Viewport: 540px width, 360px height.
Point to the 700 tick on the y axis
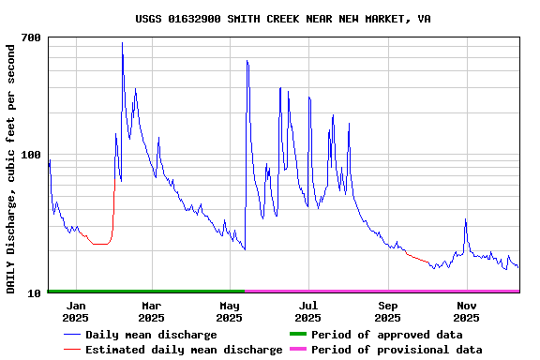click(31, 37)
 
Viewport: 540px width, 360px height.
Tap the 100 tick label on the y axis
click(31, 155)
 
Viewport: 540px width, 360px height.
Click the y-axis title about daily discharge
click(11, 167)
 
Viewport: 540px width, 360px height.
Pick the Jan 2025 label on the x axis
click(76, 312)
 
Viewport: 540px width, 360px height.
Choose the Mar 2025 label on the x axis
click(152, 312)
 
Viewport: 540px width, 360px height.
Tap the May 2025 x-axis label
click(230, 312)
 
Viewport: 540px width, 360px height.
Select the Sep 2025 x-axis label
click(387, 312)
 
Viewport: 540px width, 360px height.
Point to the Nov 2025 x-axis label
click(466, 312)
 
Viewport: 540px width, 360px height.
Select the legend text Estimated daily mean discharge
click(184, 350)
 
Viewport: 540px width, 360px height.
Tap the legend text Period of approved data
click(386, 335)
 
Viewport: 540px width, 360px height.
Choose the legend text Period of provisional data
click(397, 350)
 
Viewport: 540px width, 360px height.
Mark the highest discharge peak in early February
click(122, 43)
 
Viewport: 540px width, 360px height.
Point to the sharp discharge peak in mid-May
click(247, 61)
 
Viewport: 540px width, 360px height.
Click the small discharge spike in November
click(465, 219)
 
